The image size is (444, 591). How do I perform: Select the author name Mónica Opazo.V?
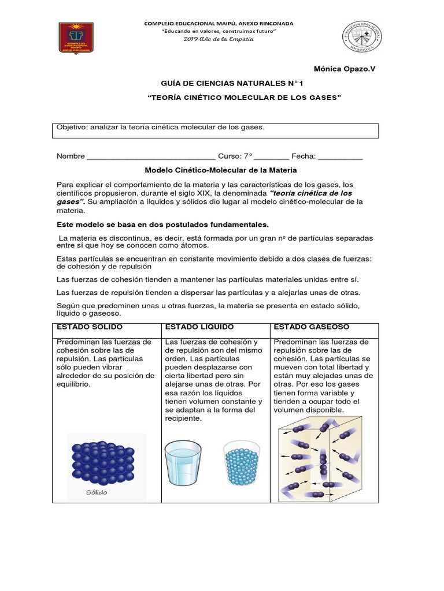tap(344, 69)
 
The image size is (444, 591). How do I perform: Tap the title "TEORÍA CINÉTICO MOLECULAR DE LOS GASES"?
tap(245, 99)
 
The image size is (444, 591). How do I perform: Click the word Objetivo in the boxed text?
tap(71, 127)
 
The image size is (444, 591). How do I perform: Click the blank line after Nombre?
tap(151, 156)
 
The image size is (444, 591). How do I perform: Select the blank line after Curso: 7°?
tap(272, 156)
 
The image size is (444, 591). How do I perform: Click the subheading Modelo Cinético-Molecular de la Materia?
tap(220, 170)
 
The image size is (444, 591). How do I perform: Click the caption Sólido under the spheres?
tap(97, 492)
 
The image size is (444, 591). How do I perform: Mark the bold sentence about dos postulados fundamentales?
tap(162, 225)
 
